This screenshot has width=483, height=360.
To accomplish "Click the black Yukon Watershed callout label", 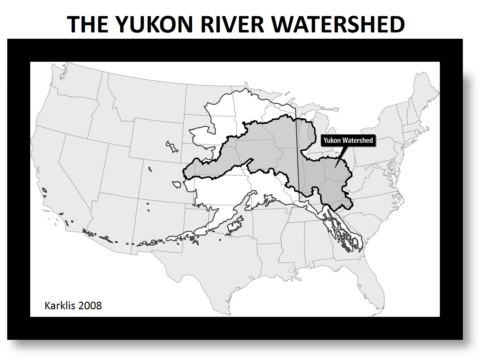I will [348, 140].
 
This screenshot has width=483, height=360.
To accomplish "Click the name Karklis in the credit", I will [61, 306].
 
